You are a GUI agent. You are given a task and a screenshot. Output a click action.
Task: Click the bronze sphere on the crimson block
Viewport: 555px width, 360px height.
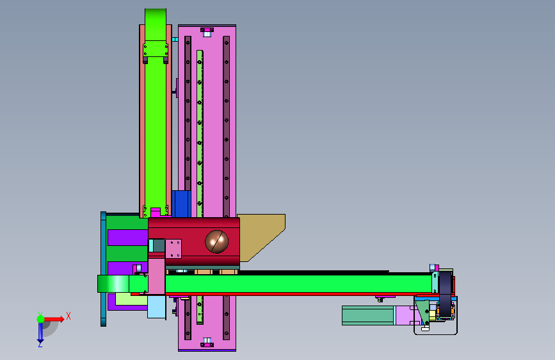[x=216, y=241]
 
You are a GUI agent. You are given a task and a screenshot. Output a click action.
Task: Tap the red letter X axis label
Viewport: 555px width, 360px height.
[x=68, y=316]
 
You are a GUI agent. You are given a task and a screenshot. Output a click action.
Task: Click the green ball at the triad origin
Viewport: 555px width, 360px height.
[x=40, y=319]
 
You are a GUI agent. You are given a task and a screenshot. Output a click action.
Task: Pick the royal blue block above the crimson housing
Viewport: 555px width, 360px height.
[x=181, y=204]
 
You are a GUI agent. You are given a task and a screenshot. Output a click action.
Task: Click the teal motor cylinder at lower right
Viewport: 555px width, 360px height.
[x=368, y=315]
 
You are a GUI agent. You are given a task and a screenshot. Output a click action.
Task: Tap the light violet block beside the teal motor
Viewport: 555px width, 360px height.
[x=406, y=315]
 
